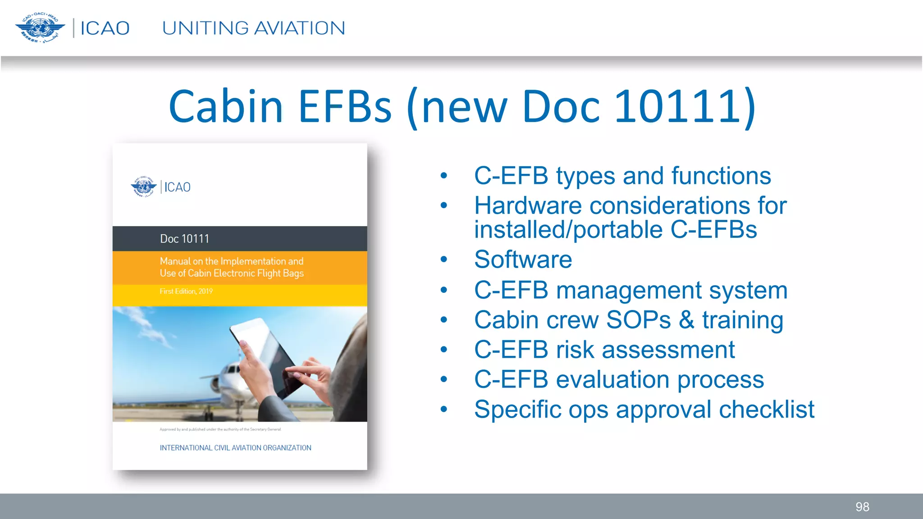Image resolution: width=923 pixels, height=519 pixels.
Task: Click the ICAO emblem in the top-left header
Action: [x=40, y=28]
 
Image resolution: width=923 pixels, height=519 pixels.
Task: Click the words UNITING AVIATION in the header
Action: [x=253, y=28]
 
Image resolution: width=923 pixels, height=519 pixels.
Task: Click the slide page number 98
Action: [x=862, y=507]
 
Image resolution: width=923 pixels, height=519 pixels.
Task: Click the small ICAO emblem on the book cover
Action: [x=143, y=187]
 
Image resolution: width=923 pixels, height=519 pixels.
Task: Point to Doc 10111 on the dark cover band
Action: [x=184, y=239]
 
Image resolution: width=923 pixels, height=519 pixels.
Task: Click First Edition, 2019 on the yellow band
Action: [x=186, y=291]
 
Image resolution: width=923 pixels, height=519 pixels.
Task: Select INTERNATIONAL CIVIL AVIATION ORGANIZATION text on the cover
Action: [x=235, y=448]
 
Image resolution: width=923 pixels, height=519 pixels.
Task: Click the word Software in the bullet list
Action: [x=523, y=259]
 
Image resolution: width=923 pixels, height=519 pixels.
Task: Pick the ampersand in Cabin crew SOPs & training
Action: [x=686, y=320]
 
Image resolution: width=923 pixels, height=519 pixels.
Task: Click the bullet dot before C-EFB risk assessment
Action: [x=444, y=350]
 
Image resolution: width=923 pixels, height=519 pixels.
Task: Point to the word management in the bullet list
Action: [x=629, y=290]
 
